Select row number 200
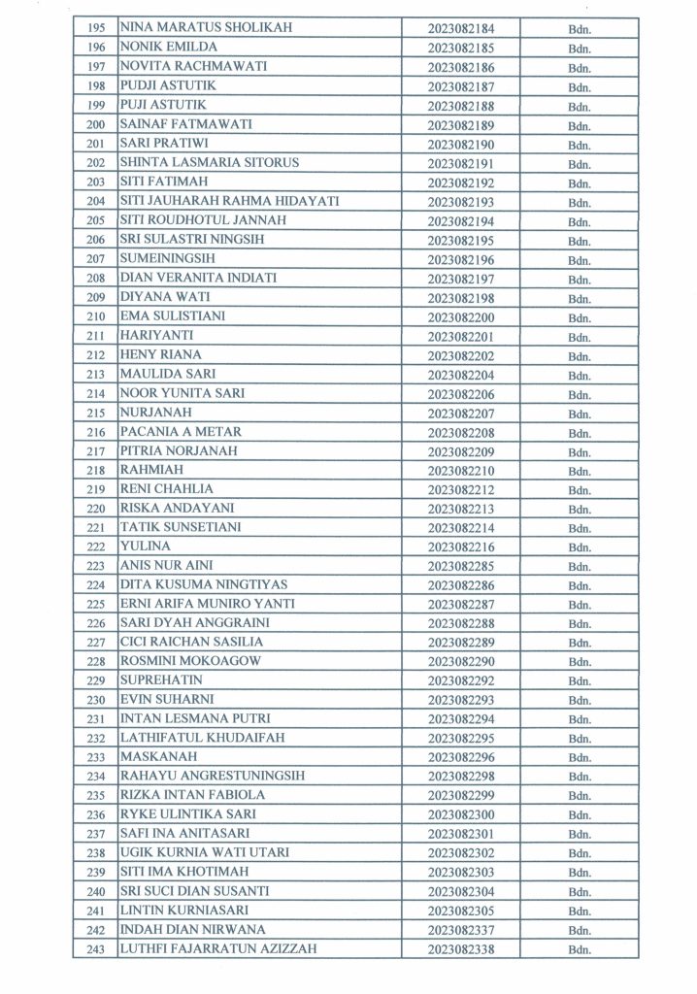pos(95,124)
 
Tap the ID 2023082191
pos(460,163)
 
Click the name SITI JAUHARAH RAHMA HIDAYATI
pos(228,201)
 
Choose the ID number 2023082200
pos(460,316)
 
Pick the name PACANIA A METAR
pos(180,432)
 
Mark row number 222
pos(95,547)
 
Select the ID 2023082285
pos(460,566)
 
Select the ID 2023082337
pos(460,930)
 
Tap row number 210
pos(95,316)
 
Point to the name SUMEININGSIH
pos(166,259)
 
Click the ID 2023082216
pos(460,547)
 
